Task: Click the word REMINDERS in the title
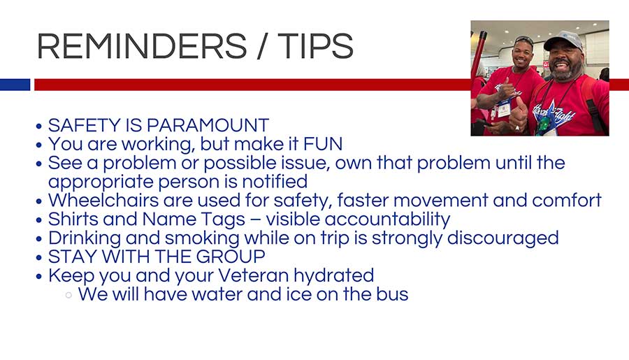[142, 46]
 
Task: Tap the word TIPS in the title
[315, 46]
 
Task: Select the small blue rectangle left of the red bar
[15, 85]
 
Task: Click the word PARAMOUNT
[208, 125]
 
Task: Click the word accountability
[387, 219]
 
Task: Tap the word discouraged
[503, 238]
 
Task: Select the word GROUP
[231, 257]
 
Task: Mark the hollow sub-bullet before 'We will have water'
[68, 296]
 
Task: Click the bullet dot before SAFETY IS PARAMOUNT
[39, 127]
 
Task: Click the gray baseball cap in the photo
[563, 41]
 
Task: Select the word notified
[275, 182]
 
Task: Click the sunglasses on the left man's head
[524, 39]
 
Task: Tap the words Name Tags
[194, 219]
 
